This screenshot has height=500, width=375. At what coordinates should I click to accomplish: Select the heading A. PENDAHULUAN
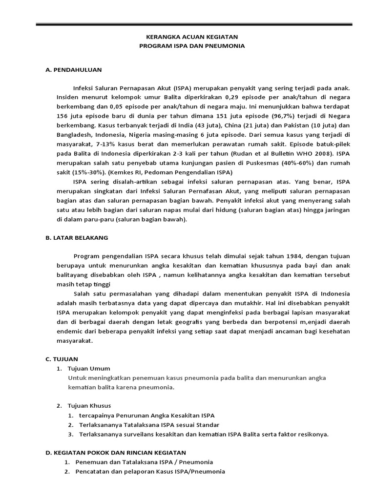tap(73, 70)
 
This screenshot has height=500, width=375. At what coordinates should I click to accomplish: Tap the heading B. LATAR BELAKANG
tap(77, 238)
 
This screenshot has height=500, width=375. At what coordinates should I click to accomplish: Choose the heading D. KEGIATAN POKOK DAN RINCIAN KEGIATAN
tap(115, 453)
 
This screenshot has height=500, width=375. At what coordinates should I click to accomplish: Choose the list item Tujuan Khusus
tap(90, 406)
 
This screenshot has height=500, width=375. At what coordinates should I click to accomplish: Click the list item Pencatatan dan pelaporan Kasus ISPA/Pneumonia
tap(150, 472)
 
